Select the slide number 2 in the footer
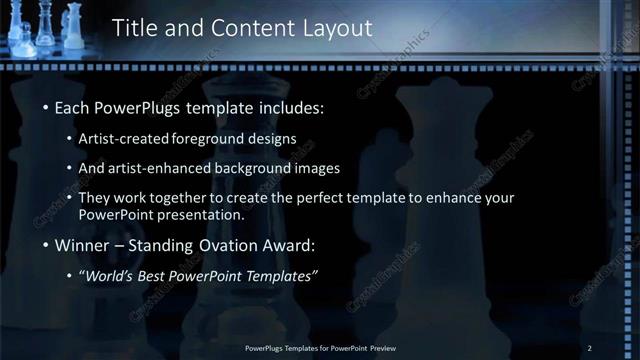pos(590,347)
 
